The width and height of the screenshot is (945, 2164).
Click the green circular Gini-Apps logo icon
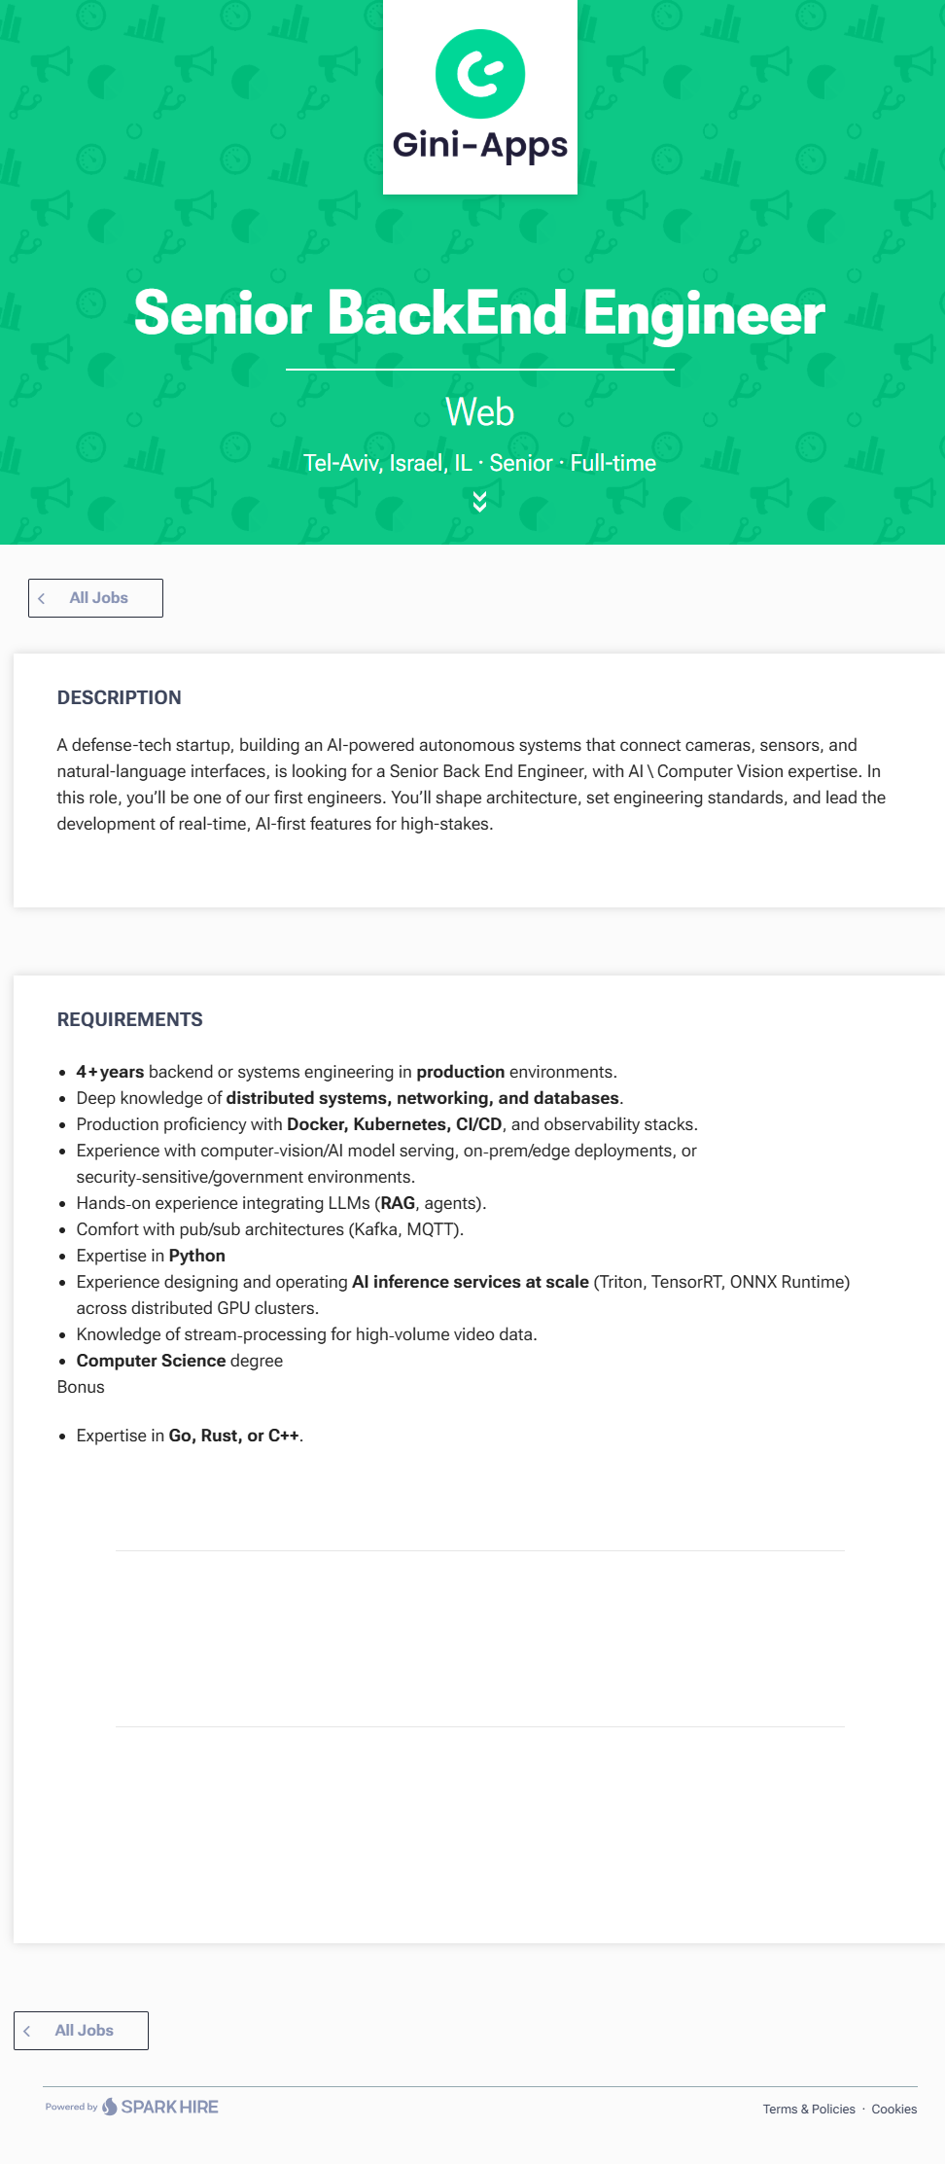(480, 74)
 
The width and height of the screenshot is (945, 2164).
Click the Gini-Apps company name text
(480, 145)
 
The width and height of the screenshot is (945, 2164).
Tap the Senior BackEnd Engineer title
(479, 313)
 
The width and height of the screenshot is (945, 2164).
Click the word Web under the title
(479, 412)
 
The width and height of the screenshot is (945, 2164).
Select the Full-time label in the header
(612, 463)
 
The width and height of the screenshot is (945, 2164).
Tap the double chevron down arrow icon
(479, 501)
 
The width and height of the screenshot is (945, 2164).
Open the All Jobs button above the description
(95, 598)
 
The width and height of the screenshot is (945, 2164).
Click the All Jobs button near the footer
(82, 2031)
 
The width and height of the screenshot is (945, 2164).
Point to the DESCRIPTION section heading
(119, 697)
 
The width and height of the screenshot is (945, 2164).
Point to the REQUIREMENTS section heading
(129, 1019)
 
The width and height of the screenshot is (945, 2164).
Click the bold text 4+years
(110, 1072)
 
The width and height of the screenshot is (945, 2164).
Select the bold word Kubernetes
(400, 1124)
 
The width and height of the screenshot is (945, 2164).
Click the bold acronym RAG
(398, 1203)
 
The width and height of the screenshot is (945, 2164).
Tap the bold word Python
(197, 1256)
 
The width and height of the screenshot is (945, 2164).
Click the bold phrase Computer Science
(151, 1361)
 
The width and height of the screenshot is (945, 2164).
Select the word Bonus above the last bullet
(81, 1387)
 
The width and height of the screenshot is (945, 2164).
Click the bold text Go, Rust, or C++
(233, 1436)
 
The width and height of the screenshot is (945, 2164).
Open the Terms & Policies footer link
(809, 2109)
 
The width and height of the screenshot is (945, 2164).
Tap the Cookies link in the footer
(893, 2109)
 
